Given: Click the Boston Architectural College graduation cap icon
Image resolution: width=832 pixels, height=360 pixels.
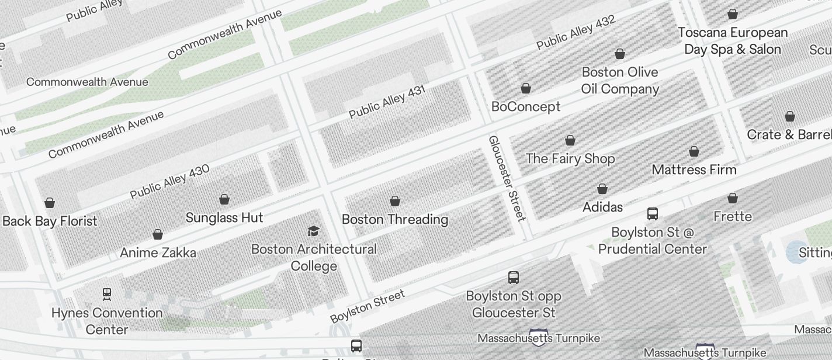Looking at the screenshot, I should pyautogui.click(x=313, y=231).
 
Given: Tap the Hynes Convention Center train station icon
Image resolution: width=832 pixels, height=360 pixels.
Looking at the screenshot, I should pyautogui.click(x=107, y=294).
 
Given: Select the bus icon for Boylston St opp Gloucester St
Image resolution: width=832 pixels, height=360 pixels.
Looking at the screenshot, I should pyautogui.click(x=514, y=278).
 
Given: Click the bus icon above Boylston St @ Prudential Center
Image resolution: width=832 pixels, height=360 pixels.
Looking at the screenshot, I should pyautogui.click(x=653, y=214).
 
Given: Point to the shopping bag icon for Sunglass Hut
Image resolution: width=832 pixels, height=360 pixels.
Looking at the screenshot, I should pyautogui.click(x=224, y=199).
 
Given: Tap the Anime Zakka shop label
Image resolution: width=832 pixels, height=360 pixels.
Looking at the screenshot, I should pyautogui.click(x=158, y=252).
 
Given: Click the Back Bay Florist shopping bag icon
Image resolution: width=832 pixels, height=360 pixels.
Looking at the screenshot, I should pyautogui.click(x=50, y=203).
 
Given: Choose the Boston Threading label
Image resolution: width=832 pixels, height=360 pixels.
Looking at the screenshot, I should pyautogui.click(x=395, y=219).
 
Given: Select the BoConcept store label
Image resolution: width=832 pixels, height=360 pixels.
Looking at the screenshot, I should pyautogui.click(x=526, y=106).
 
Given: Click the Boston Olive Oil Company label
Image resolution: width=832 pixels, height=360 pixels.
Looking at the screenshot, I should pyautogui.click(x=620, y=81).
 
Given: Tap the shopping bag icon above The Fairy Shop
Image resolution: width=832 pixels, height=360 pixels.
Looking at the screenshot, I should pyautogui.click(x=570, y=140).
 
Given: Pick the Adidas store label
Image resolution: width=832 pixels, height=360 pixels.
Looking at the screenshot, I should pyautogui.click(x=602, y=207).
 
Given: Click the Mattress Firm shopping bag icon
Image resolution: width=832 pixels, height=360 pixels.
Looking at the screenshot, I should pyautogui.click(x=694, y=152).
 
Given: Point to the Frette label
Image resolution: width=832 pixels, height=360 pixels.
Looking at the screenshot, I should pyautogui.click(x=733, y=216).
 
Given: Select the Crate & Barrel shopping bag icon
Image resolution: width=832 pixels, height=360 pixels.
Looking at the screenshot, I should pyautogui.click(x=790, y=116).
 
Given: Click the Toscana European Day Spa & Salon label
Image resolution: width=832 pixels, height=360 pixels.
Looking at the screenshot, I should pyautogui.click(x=733, y=41).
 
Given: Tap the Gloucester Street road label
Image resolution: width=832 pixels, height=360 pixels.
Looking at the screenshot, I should pyautogui.click(x=507, y=178).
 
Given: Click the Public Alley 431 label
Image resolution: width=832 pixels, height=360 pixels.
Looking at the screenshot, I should pyautogui.click(x=387, y=102).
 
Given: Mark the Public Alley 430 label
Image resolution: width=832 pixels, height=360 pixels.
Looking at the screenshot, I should pyautogui.click(x=169, y=182).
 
